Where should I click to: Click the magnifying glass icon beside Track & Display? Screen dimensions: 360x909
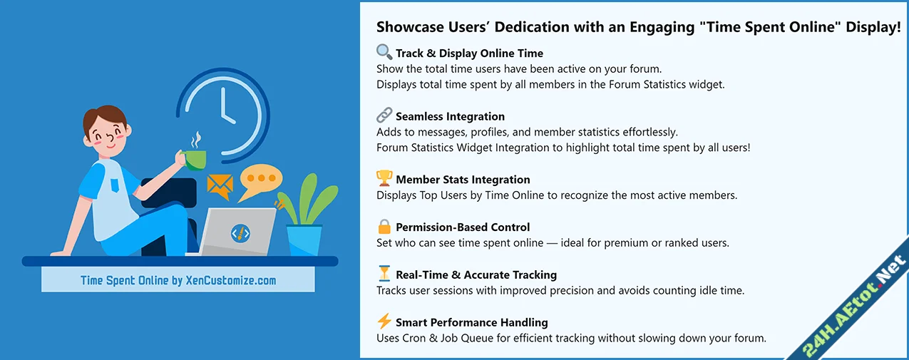pyautogui.click(x=384, y=52)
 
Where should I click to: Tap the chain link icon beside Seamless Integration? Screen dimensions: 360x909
pyautogui.click(x=384, y=115)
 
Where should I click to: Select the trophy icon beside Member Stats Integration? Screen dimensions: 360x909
pyautogui.click(x=384, y=178)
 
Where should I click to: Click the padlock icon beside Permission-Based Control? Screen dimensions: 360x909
pyautogui.click(x=384, y=227)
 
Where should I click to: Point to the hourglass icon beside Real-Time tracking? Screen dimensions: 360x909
pyautogui.click(x=384, y=274)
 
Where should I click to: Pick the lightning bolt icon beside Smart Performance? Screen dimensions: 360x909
pyautogui.click(x=384, y=322)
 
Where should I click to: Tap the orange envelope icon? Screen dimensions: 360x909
pyautogui.click(x=220, y=187)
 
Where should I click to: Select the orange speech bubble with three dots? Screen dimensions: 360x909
pyautogui.click(x=260, y=181)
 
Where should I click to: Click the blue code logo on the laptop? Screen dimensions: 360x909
pyautogui.click(x=240, y=232)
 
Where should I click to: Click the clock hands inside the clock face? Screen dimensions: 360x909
pyautogui.click(x=226, y=107)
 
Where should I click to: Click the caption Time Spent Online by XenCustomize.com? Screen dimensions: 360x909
pyautogui.click(x=178, y=280)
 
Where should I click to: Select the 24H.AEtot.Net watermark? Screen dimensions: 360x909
pyautogui.click(x=854, y=307)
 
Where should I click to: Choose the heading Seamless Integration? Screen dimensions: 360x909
pyautogui.click(x=450, y=116)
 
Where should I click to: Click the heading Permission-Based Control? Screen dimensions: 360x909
pyautogui.click(x=463, y=227)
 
